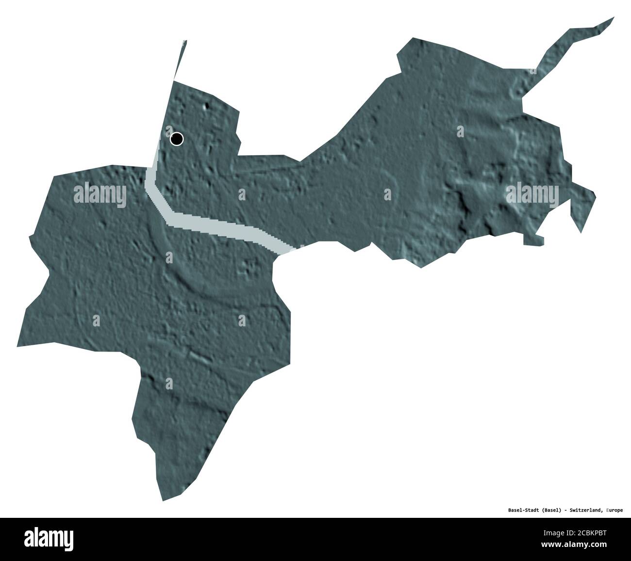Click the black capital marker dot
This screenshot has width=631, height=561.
[x=177, y=139]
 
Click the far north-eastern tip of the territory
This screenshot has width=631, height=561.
[x=614, y=18]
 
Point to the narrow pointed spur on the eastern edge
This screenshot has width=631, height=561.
[x=581, y=232]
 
